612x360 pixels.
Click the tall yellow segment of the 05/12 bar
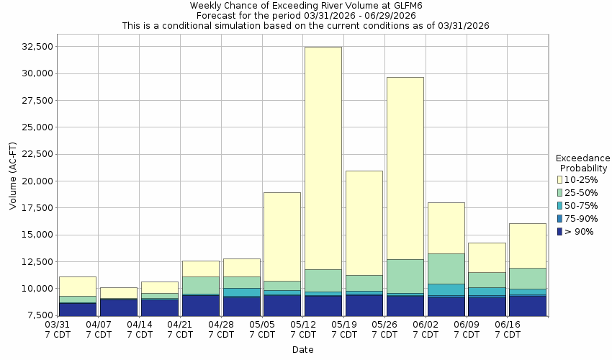pyautogui.click(x=323, y=158)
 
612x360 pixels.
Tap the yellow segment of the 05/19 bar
pyautogui.click(x=364, y=222)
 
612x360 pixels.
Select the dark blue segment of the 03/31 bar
pyautogui.click(x=78, y=309)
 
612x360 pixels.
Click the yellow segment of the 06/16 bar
pyautogui.click(x=528, y=246)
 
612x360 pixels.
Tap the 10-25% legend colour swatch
pyautogui.click(x=560, y=179)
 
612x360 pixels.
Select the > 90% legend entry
pyautogui.click(x=580, y=231)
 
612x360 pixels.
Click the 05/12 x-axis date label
pyautogui.click(x=303, y=330)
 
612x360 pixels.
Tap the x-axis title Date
pyautogui.click(x=302, y=350)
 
